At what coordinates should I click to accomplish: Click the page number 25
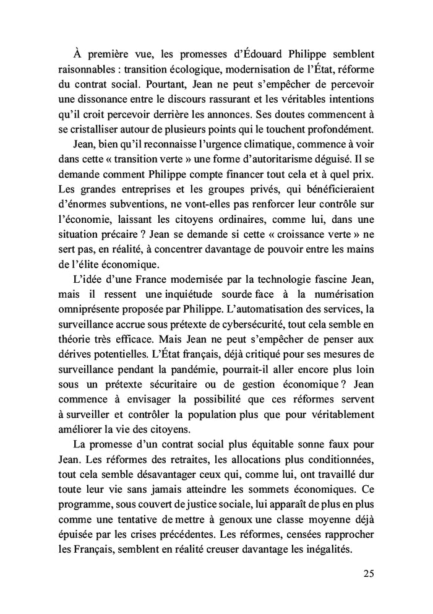pyautogui.click(x=367, y=573)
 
